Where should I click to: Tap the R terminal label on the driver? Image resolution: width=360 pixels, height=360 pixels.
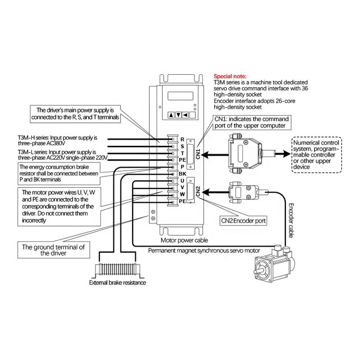(182, 139)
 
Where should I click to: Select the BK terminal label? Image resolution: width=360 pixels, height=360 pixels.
(182, 174)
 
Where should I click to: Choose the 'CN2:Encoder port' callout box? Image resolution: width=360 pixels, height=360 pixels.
(243, 221)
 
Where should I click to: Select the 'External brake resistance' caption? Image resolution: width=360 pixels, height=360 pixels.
(117, 283)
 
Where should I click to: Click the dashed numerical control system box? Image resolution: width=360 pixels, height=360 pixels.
(316, 154)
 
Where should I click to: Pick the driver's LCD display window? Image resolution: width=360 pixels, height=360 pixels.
(181, 96)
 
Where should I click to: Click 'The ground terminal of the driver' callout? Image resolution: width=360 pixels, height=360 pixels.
(53, 250)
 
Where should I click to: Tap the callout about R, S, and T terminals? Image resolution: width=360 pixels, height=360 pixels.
(75, 113)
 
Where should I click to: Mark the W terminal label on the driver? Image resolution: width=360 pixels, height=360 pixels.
(182, 194)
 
